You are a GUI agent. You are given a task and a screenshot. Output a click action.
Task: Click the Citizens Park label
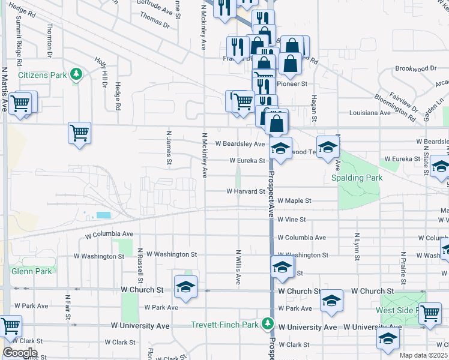(42, 75)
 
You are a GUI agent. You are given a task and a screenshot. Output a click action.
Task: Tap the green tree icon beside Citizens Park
(76, 74)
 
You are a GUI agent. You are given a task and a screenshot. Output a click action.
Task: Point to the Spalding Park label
(357, 178)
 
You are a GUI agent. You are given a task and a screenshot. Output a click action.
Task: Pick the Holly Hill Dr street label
(100, 72)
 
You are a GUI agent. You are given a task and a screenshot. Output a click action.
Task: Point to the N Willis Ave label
(238, 267)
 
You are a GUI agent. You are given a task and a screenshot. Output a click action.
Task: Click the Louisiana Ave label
(370, 112)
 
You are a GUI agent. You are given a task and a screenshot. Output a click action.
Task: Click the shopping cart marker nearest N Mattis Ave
(22, 103)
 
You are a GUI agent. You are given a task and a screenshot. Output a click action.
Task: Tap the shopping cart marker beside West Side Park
(430, 313)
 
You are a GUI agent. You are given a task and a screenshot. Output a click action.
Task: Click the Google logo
(19, 353)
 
